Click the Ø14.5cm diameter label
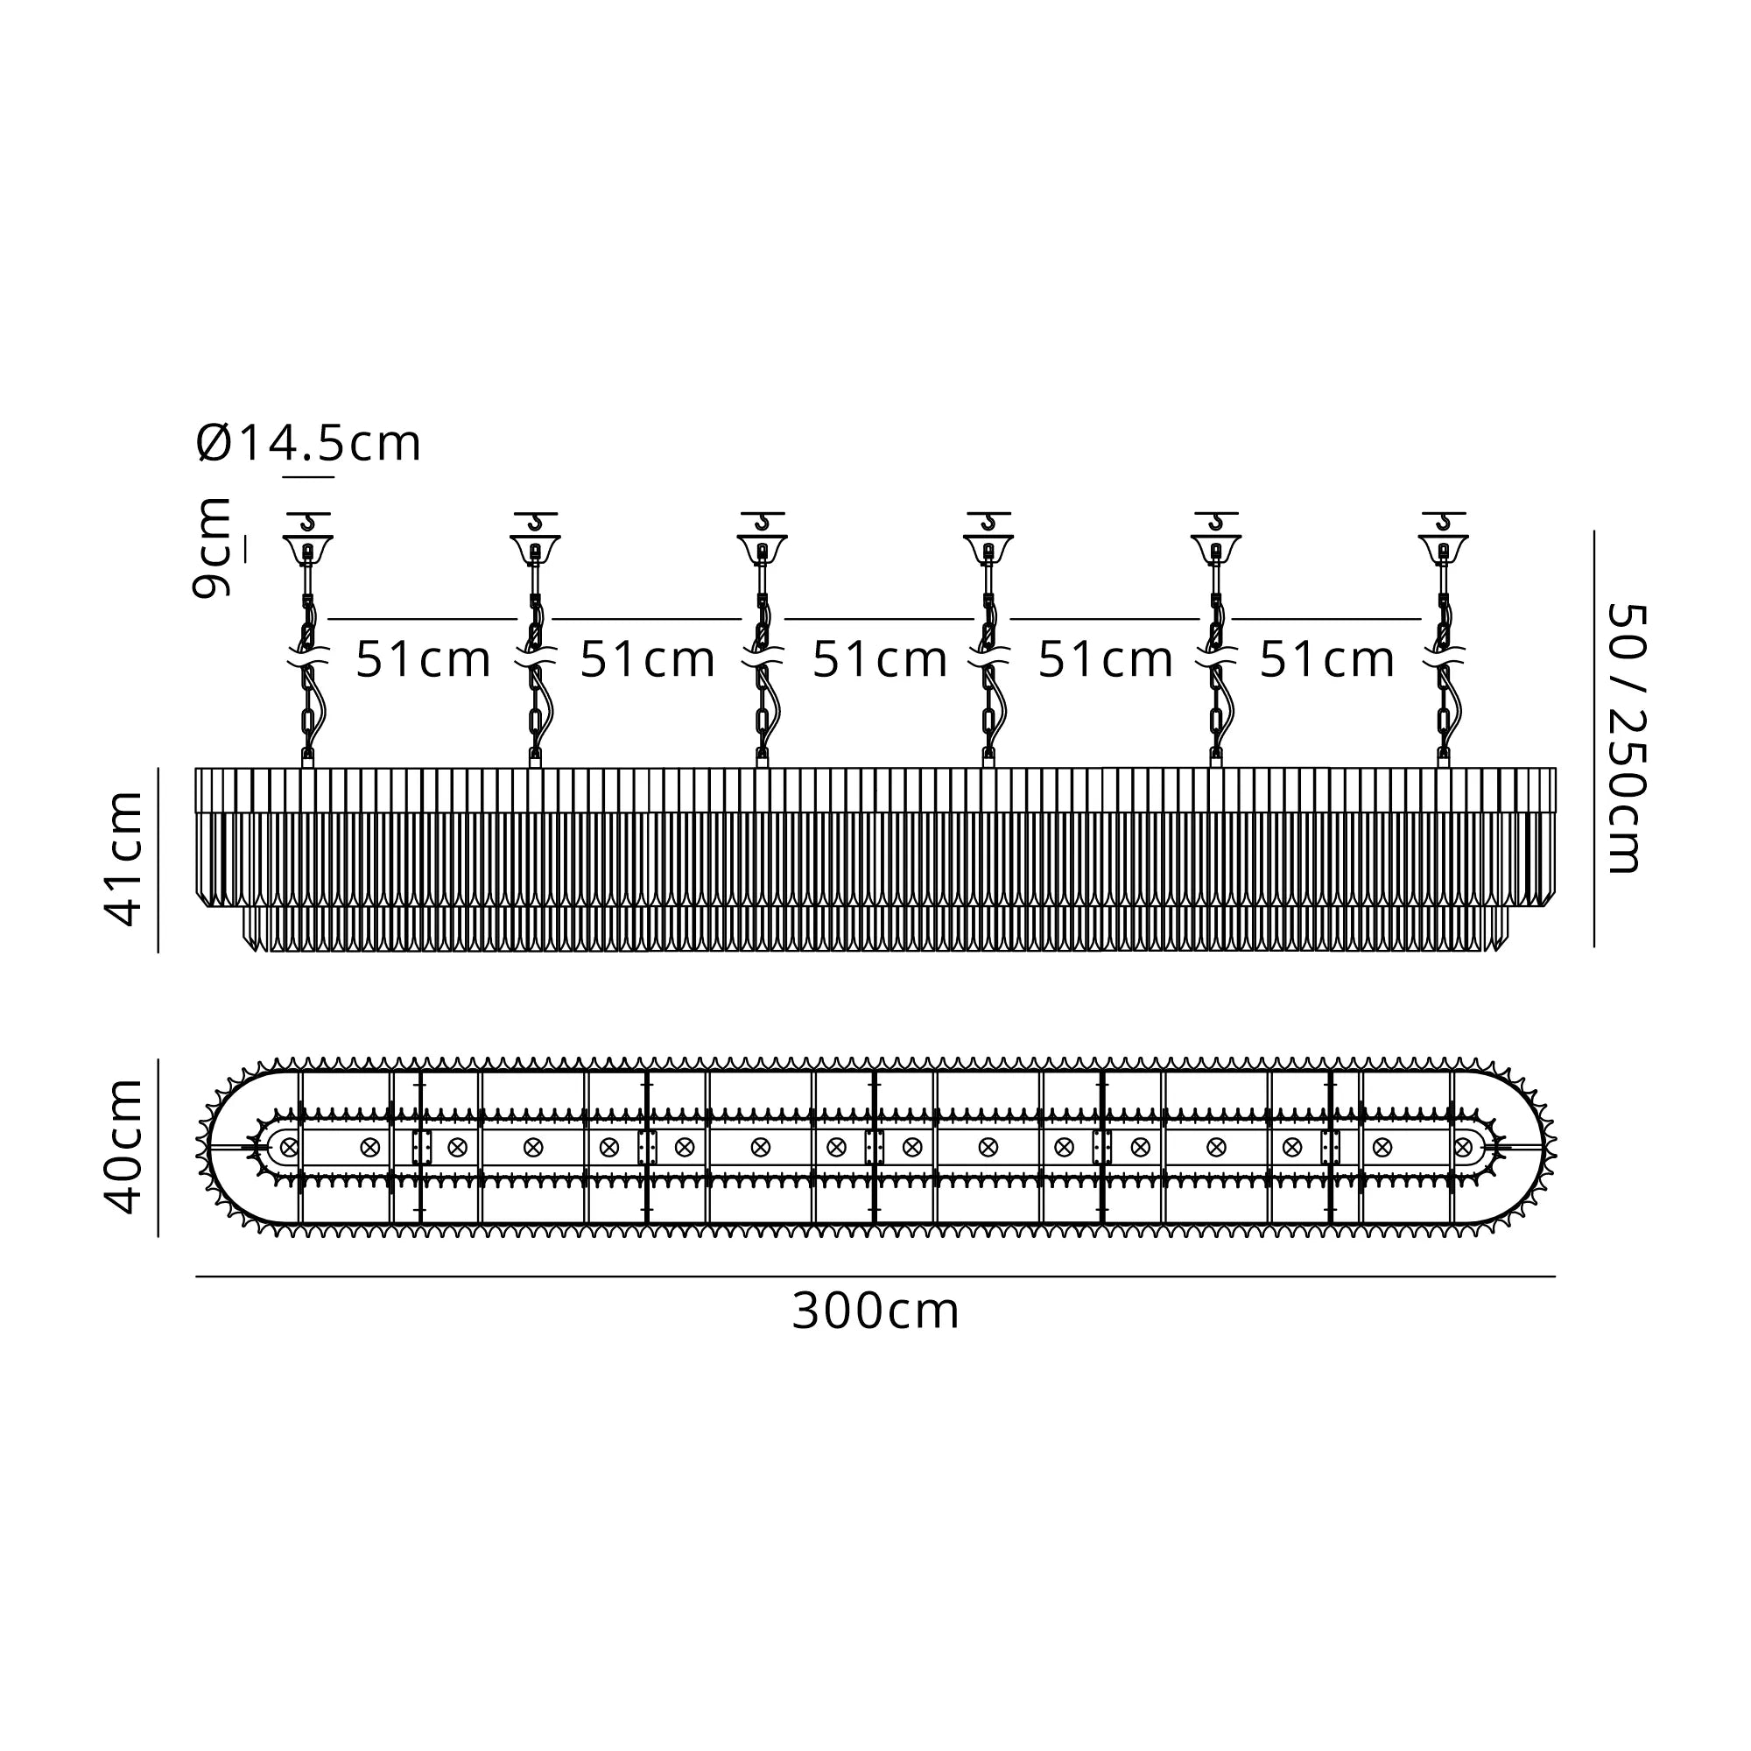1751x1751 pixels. point(308,443)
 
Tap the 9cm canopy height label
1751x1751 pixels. point(211,547)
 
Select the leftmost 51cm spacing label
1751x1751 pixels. point(422,659)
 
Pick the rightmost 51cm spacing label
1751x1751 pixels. point(1328,659)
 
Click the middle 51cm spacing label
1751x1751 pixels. point(879,659)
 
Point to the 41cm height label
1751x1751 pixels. point(124,858)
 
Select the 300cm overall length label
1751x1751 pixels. point(875,1311)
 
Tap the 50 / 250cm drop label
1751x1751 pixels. point(1623,739)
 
